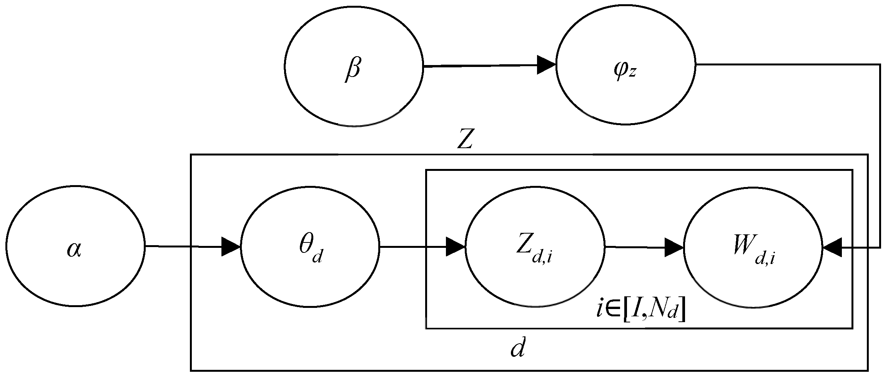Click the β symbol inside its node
coord(353,70)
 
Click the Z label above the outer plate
coord(464,141)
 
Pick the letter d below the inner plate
coord(517,349)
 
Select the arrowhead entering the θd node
coord(231,246)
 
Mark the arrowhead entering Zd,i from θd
coord(456,246)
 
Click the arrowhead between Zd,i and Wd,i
coord(674,247)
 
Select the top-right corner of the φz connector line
coord(880,64)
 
